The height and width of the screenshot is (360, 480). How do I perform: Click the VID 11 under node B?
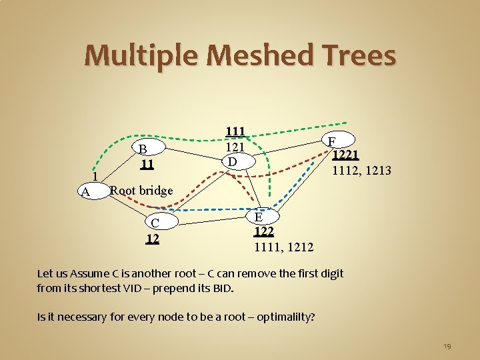coord(147,163)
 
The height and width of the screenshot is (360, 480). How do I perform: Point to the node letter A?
coord(85,192)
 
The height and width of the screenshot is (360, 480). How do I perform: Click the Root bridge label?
coord(141,190)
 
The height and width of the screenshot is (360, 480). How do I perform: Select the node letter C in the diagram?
coord(155,223)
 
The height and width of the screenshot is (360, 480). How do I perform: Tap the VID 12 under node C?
coord(153,237)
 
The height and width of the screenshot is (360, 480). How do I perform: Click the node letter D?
coord(231,161)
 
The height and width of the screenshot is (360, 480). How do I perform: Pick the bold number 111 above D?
coord(235,132)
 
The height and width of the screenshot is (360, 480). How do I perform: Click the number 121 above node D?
coord(235,147)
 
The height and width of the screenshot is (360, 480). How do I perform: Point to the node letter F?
coord(331,141)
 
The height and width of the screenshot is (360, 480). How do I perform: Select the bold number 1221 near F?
coord(347,155)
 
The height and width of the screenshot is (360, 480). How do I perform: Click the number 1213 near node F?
coord(377,171)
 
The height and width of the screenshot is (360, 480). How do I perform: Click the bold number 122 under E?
coord(264,232)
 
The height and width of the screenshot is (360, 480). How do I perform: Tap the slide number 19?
coord(447,346)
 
